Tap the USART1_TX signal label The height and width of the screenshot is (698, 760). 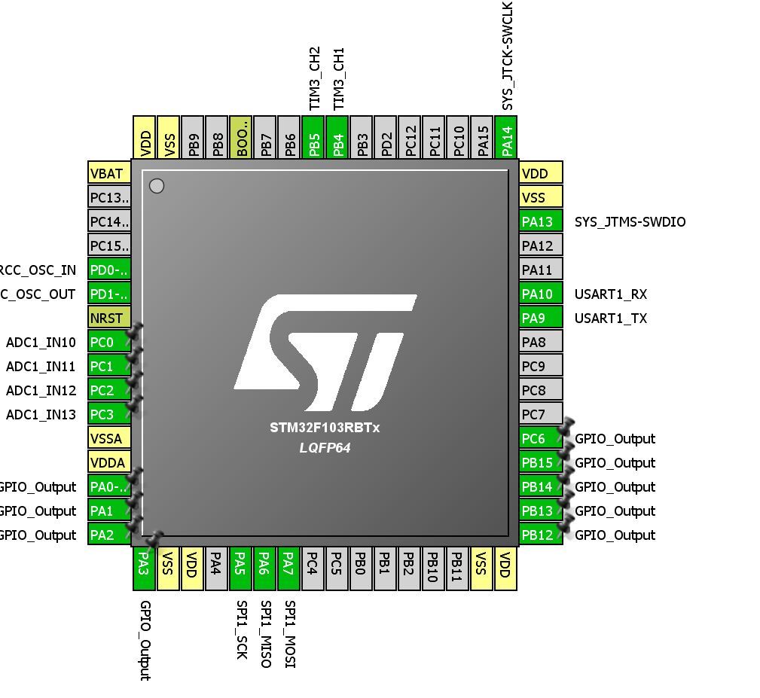click(x=610, y=318)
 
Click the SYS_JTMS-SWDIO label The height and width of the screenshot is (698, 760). click(x=630, y=221)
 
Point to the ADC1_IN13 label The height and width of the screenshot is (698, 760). click(x=41, y=414)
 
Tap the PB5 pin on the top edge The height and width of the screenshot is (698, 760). click(x=314, y=137)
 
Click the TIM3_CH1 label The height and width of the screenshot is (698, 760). click(x=338, y=78)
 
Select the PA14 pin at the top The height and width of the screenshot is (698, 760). click(x=507, y=137)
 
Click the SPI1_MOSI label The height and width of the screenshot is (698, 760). click(x=290, y=633)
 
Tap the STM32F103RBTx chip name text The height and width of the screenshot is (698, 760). click(x=325, y=428)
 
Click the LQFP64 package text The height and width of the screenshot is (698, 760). click(x=325, y=448)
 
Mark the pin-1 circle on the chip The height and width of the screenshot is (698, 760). click(x=157, y=185)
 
